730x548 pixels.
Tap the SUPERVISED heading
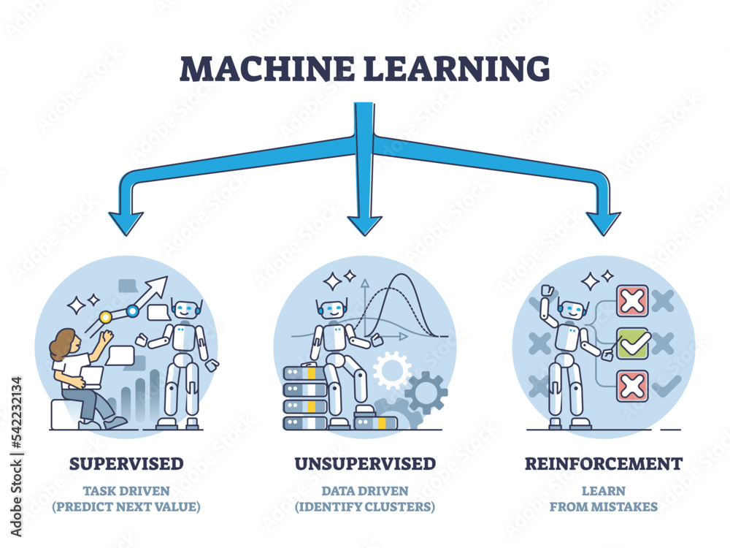coord(126,463)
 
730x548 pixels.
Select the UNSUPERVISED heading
coord(365,463)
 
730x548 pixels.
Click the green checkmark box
coord(632,343)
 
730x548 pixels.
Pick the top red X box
coord(632,300)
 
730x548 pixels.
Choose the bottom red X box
coord(632,386)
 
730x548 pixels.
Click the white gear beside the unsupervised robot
coord(392,370)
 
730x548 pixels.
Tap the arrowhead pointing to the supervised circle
coord(126,224)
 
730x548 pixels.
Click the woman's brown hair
coord(62,342)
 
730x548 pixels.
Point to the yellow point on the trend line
coord(106,317)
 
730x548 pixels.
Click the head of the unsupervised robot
coord(332,309)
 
